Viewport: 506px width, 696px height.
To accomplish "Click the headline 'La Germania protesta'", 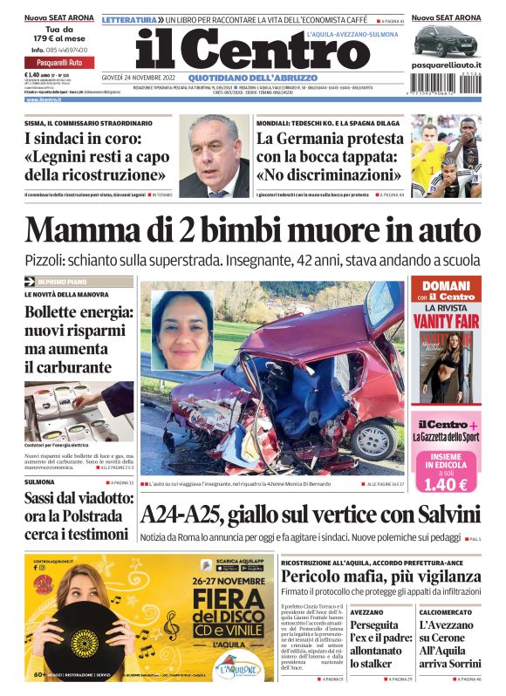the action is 328,138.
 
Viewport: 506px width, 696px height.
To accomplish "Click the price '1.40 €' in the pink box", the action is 447,484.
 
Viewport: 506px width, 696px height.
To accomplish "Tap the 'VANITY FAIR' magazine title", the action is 446,320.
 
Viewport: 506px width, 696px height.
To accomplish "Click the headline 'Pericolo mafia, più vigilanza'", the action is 371,576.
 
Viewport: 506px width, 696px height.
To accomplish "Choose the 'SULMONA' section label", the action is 39,481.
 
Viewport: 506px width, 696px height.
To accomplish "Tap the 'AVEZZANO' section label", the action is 367,611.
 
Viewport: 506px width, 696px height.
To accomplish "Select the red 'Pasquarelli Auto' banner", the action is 58,63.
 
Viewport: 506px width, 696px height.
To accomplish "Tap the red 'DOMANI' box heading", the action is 446,286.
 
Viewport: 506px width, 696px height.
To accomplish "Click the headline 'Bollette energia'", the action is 78,312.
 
